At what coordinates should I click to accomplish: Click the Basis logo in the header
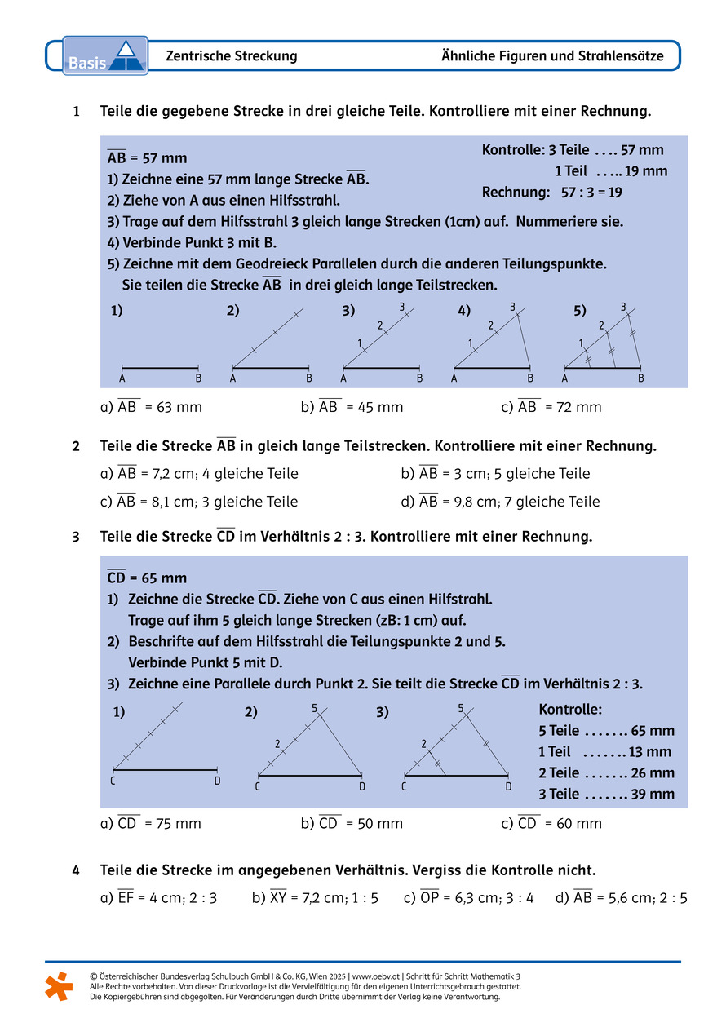[x=104, y=55]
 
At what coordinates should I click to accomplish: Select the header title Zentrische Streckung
[x=232, y=56]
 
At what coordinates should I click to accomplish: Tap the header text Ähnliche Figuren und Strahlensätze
[x=552, y=56]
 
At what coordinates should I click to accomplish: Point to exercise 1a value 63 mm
[x=174, y=407]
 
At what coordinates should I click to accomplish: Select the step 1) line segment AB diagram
[x=161, y=368]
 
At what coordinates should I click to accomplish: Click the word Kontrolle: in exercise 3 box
[x=570, y=710]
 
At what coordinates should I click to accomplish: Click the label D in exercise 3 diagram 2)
[x=362, y=786]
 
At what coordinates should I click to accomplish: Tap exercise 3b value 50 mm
[x=374, y=824]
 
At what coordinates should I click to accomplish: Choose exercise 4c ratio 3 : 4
[x=518, y=899]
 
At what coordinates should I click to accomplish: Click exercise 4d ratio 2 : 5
[x=672, y=899]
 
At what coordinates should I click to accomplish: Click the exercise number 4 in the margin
[x=76, y=870]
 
